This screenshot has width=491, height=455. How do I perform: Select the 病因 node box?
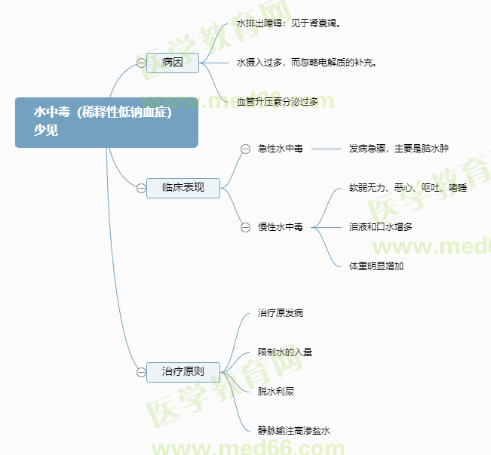point(173,63)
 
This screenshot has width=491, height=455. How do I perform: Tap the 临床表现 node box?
point(183,187)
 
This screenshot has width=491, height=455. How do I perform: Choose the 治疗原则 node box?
point(183,371)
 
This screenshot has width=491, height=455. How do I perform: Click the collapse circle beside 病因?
point(142,63)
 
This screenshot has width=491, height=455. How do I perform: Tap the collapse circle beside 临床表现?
point(142,188)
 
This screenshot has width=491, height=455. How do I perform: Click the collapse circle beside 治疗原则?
point(142,372)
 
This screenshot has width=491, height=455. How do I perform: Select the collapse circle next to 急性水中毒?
point(245,149)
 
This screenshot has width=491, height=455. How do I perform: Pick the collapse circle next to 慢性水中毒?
point(245,226)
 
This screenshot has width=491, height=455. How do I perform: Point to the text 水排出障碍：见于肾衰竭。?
point(289,23)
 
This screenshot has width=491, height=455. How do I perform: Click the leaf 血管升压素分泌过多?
point(278,101)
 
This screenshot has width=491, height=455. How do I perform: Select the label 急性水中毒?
point(281,149)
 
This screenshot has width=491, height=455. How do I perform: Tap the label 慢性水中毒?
point(281,226)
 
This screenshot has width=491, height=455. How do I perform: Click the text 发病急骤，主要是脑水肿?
point(399,149)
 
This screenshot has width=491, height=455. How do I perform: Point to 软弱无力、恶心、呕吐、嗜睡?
point(408,187)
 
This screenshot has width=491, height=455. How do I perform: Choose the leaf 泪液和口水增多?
point(381,226)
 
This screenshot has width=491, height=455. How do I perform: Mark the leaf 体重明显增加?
point(376,266)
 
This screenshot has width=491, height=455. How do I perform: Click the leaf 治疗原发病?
point(281,312)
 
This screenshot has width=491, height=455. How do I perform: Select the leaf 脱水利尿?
point(276,391)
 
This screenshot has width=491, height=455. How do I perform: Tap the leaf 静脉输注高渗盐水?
point(294,431)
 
